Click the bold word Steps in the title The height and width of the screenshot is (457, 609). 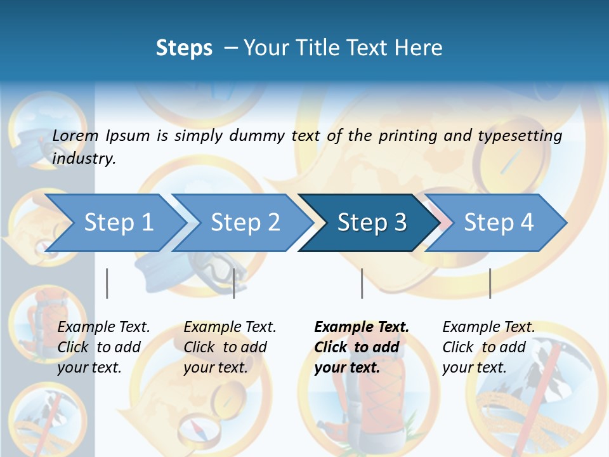pos(184,48)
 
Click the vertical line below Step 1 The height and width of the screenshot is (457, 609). pos(107,283)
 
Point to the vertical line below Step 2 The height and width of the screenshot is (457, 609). pos(234,283)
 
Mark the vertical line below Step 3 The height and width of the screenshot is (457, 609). pos(362,283)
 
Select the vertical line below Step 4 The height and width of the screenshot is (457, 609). pos(490,283)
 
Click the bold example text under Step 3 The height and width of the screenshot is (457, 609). pos(361,347)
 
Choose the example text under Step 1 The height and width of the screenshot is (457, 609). pos(103,347)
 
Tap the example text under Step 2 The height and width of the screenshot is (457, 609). pos(230,347)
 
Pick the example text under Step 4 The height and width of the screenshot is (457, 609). pos(488,347)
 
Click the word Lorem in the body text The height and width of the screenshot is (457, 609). pos(75,135)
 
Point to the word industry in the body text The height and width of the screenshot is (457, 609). pos(84,159)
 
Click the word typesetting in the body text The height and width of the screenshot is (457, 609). pos(520,135)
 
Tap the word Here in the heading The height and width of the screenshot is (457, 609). pos(418,48)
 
